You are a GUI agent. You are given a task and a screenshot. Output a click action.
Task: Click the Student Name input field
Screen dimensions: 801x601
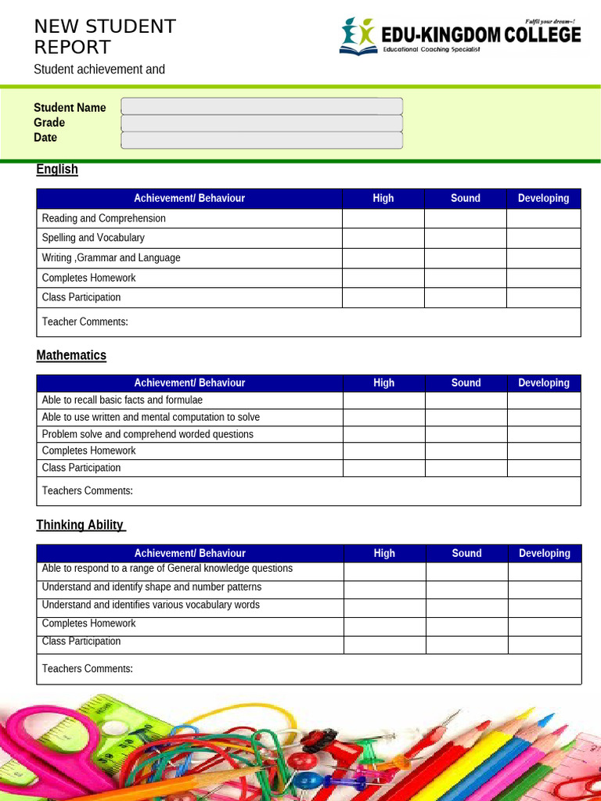[x=261, y=106]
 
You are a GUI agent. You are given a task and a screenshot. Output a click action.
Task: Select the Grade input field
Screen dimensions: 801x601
[x=261, y=123]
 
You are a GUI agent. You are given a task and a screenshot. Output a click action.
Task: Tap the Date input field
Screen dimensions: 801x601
[x=261, y=140]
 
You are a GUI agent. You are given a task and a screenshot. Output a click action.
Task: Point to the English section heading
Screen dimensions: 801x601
[x=57, y=169]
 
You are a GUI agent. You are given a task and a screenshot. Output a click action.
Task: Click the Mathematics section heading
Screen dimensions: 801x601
[x=71, y=355]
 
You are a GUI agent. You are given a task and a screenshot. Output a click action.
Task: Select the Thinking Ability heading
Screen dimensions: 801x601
[x=81, y=525]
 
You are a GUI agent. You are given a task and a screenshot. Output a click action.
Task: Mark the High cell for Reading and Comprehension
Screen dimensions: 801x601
[x=383, y=218]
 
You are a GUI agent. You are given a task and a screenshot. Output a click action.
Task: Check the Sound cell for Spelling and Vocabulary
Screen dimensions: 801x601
[x=466, y=238]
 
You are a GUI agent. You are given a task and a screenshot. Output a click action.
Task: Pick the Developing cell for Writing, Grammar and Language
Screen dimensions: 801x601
[x=544, y=258]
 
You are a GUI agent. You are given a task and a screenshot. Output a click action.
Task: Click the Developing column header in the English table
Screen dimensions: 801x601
[x=544, y=199]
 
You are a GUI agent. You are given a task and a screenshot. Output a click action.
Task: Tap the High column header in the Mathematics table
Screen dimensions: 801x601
[x=384, y=383]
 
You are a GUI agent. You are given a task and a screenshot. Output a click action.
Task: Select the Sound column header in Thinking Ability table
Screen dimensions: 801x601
[x=467, y=553]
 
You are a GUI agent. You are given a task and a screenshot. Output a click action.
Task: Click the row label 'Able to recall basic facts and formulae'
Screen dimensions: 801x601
[x=122, y=400]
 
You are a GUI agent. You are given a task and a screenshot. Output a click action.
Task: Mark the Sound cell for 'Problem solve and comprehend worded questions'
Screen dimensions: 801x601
[x=466, y=434]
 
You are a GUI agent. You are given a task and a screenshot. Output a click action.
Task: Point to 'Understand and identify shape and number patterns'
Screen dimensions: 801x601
[x=152, y=587]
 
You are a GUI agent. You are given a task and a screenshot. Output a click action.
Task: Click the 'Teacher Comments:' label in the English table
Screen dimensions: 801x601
[x=85, y=321]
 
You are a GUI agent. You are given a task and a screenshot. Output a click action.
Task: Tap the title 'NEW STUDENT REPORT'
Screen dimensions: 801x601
[x=105, y=37]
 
